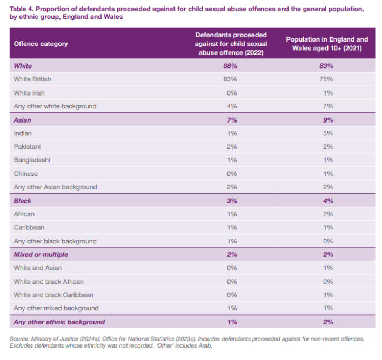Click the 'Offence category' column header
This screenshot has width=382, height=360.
[x=41, y=44]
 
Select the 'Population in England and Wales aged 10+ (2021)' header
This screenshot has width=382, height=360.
[x=327, y=44]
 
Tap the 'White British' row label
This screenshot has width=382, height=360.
[x=32, y=79]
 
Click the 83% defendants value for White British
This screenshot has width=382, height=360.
[x=231, y=79]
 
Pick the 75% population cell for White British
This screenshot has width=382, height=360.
[x=327, y=79]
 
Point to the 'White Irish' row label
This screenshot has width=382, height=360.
[x=29, y=93]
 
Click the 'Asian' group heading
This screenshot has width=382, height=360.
[x=23, y=120]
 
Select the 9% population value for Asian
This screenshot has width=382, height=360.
[x=327, y=120]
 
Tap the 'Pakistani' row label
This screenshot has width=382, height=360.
[x=28, y=147]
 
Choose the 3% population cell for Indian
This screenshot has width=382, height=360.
[x=327, y=133]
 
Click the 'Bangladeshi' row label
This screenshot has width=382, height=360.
[x=31, y=160]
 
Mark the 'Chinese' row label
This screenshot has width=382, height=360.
[x=26, y=174]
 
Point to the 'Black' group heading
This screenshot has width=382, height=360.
[x=23, y=201]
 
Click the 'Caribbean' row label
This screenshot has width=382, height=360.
[x=29, y=228]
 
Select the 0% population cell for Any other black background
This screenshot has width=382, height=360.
[x=327, y=241]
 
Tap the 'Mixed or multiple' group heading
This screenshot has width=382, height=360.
[x=41, y=255]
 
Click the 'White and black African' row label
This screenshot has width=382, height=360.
[x=49, y=282]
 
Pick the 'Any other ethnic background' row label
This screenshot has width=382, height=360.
[x=59, y=322]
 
